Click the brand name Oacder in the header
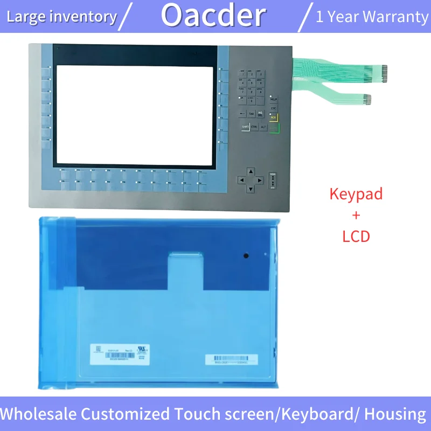[x=213, y=16]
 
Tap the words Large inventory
[x=61, y=17]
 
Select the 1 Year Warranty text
[x=372, y=17]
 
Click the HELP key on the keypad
[x=273, y=100]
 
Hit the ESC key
[x=273, y=108]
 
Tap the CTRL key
[x=254, y=127]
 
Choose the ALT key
[x=263, y=127]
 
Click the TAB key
[x=252, y=114]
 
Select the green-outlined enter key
[x=274, y=127]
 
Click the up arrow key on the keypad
[x=251, y=171]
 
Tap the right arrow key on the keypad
[x=260, y=180]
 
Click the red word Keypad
[x=356, y=194]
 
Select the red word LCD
[x=356, y=235]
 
